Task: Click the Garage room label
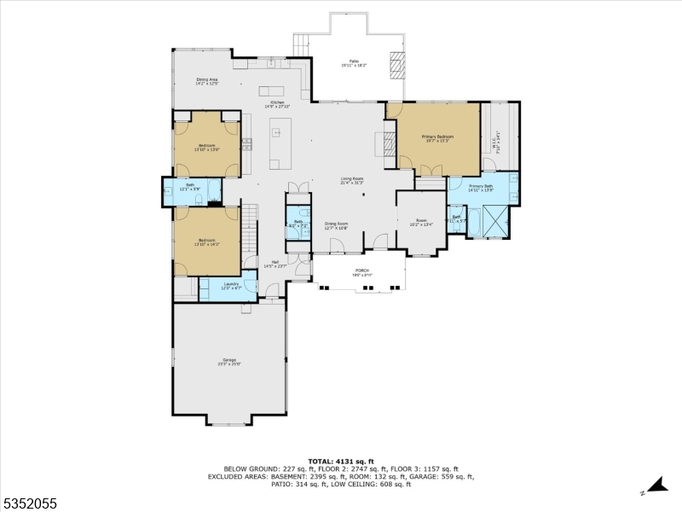coord(228,362)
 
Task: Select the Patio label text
coord(353,62)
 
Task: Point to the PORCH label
coord(361,272)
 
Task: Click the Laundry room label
coord(231,286)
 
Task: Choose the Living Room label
coord(352,180)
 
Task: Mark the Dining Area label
coord(208,81)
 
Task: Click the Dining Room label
coord(336,225)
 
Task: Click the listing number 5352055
coord(28,503)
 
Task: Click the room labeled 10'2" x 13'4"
coord(420,224)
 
